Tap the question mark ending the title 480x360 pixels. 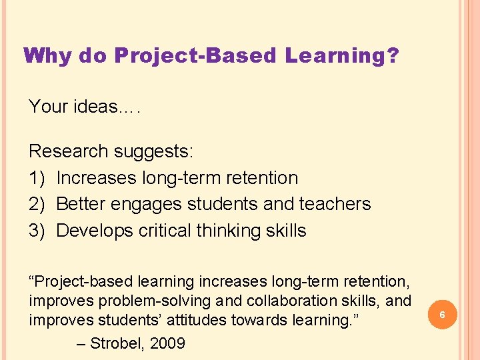click(393, 55)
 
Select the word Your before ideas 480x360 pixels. click(49, 107)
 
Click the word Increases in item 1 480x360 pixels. click(97, 178)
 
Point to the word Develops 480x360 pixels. click(95, 231)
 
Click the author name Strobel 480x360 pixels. click(117, 344)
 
